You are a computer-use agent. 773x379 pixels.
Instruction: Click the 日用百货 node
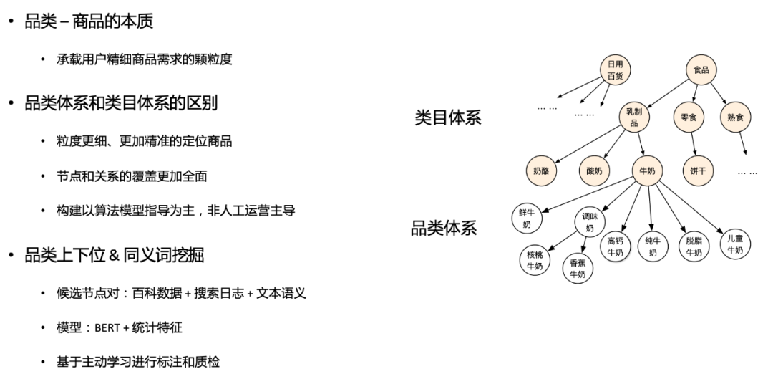point(616,69)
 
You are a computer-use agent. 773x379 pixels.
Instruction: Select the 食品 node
point(701,69)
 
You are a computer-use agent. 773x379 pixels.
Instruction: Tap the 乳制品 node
point(634,117)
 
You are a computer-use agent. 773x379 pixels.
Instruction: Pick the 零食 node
point(689,117)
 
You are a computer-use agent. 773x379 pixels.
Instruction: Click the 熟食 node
point(735,117)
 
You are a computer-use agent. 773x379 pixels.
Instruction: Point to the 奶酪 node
point(540,171)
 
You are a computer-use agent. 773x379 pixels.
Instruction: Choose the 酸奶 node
point(595,171)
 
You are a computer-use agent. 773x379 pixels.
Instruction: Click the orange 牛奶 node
point(647,171)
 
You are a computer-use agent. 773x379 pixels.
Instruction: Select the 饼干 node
point(697,171)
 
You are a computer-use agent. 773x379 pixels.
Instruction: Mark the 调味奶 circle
point(590,223)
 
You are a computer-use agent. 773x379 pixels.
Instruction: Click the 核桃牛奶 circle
point(535,261)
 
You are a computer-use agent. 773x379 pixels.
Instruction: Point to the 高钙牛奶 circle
point(615,246)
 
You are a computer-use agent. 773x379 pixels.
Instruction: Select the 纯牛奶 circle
point(652,246)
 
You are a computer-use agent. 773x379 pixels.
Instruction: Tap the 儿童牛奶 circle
point(735,244)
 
